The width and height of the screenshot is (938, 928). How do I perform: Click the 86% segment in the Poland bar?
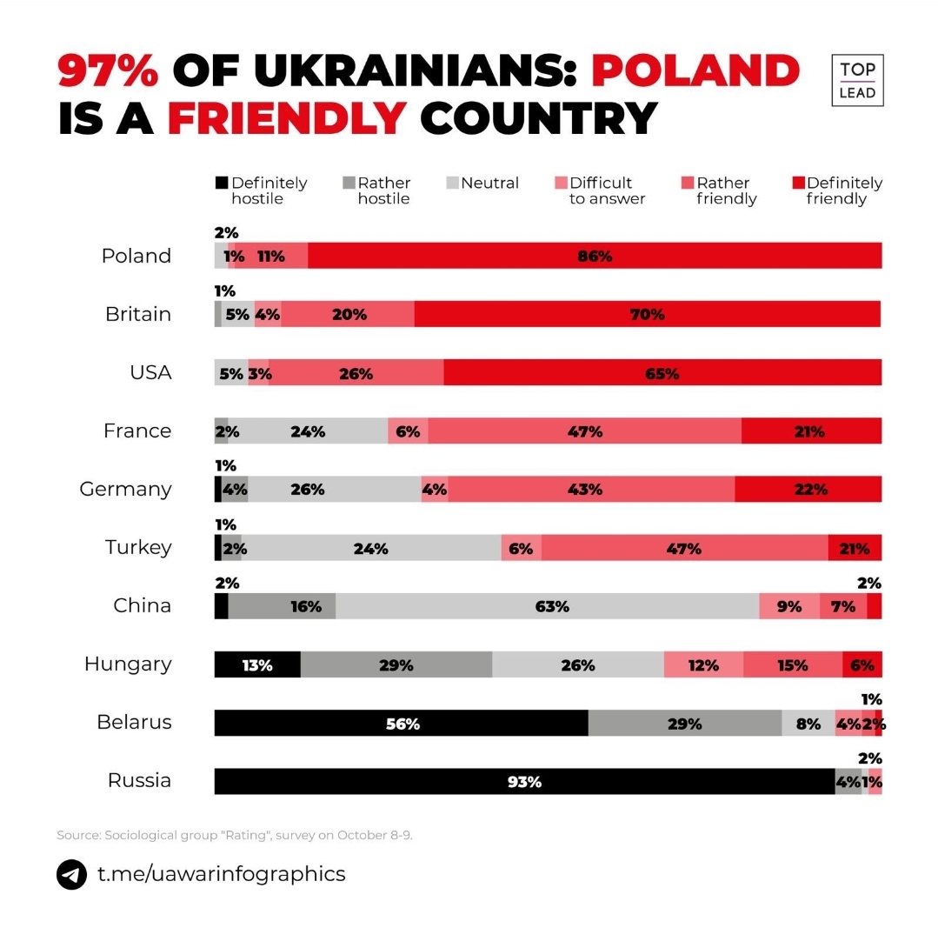click(595, 256)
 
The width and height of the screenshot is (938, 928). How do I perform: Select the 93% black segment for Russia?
click(524, 781)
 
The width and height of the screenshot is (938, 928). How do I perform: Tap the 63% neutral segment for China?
click(547, 606)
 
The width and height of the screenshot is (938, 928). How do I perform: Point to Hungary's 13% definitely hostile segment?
click(257, 664)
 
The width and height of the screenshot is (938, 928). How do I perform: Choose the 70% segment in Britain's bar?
click(647, 314)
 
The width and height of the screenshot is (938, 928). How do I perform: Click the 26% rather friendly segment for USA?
click(356, 372)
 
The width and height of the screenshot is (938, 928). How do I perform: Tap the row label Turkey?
click(138, 547)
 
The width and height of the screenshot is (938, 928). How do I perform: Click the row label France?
click(137, 431)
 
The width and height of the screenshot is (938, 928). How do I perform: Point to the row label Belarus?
click(134, 722)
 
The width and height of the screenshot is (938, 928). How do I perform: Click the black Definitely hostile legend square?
click(222, 184)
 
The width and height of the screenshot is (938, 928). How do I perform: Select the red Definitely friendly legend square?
click(798, 184)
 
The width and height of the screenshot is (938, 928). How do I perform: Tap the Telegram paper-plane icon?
click(72, 874)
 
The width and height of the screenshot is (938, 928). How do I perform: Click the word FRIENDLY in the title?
click(287, 118)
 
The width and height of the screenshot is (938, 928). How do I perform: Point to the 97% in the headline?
click(109, 70)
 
